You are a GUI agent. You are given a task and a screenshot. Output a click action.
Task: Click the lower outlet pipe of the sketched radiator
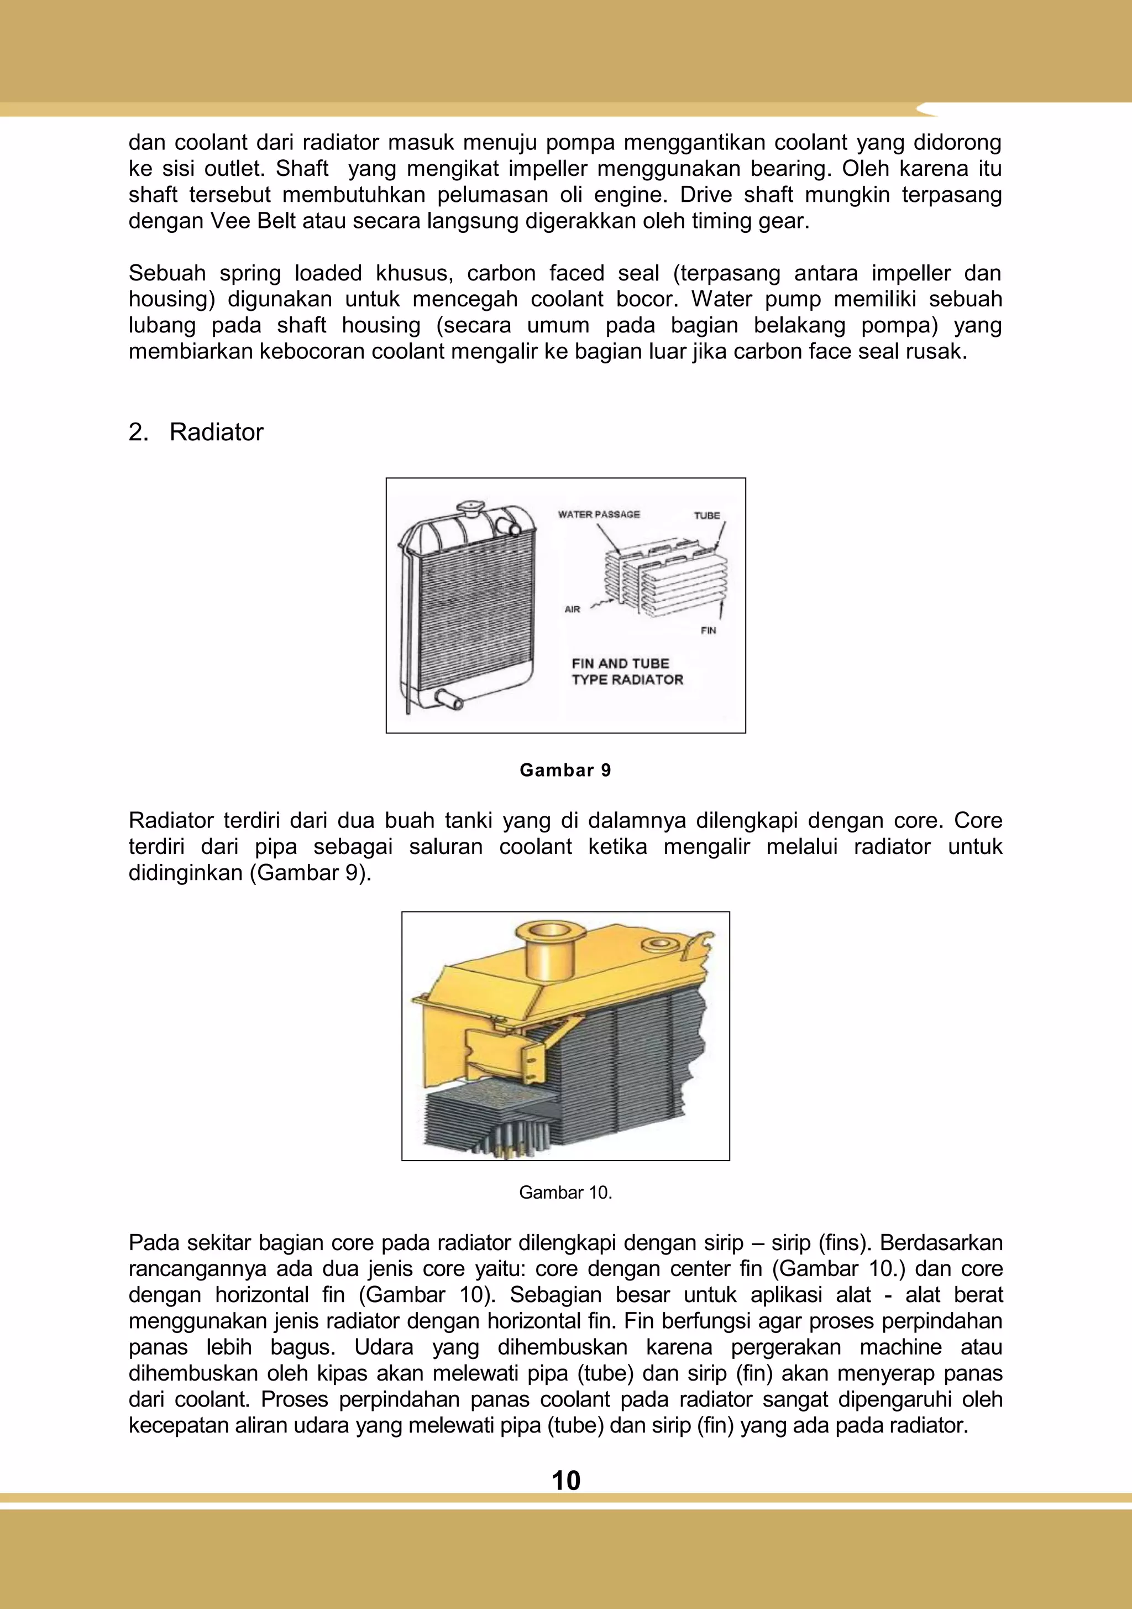448,698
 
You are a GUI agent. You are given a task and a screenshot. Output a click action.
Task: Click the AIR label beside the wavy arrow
572,609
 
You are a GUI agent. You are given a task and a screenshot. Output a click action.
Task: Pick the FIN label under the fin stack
708,630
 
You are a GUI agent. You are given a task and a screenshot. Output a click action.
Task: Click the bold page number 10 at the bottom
565,1480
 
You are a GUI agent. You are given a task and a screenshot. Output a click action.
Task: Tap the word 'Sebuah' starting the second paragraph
167,273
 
